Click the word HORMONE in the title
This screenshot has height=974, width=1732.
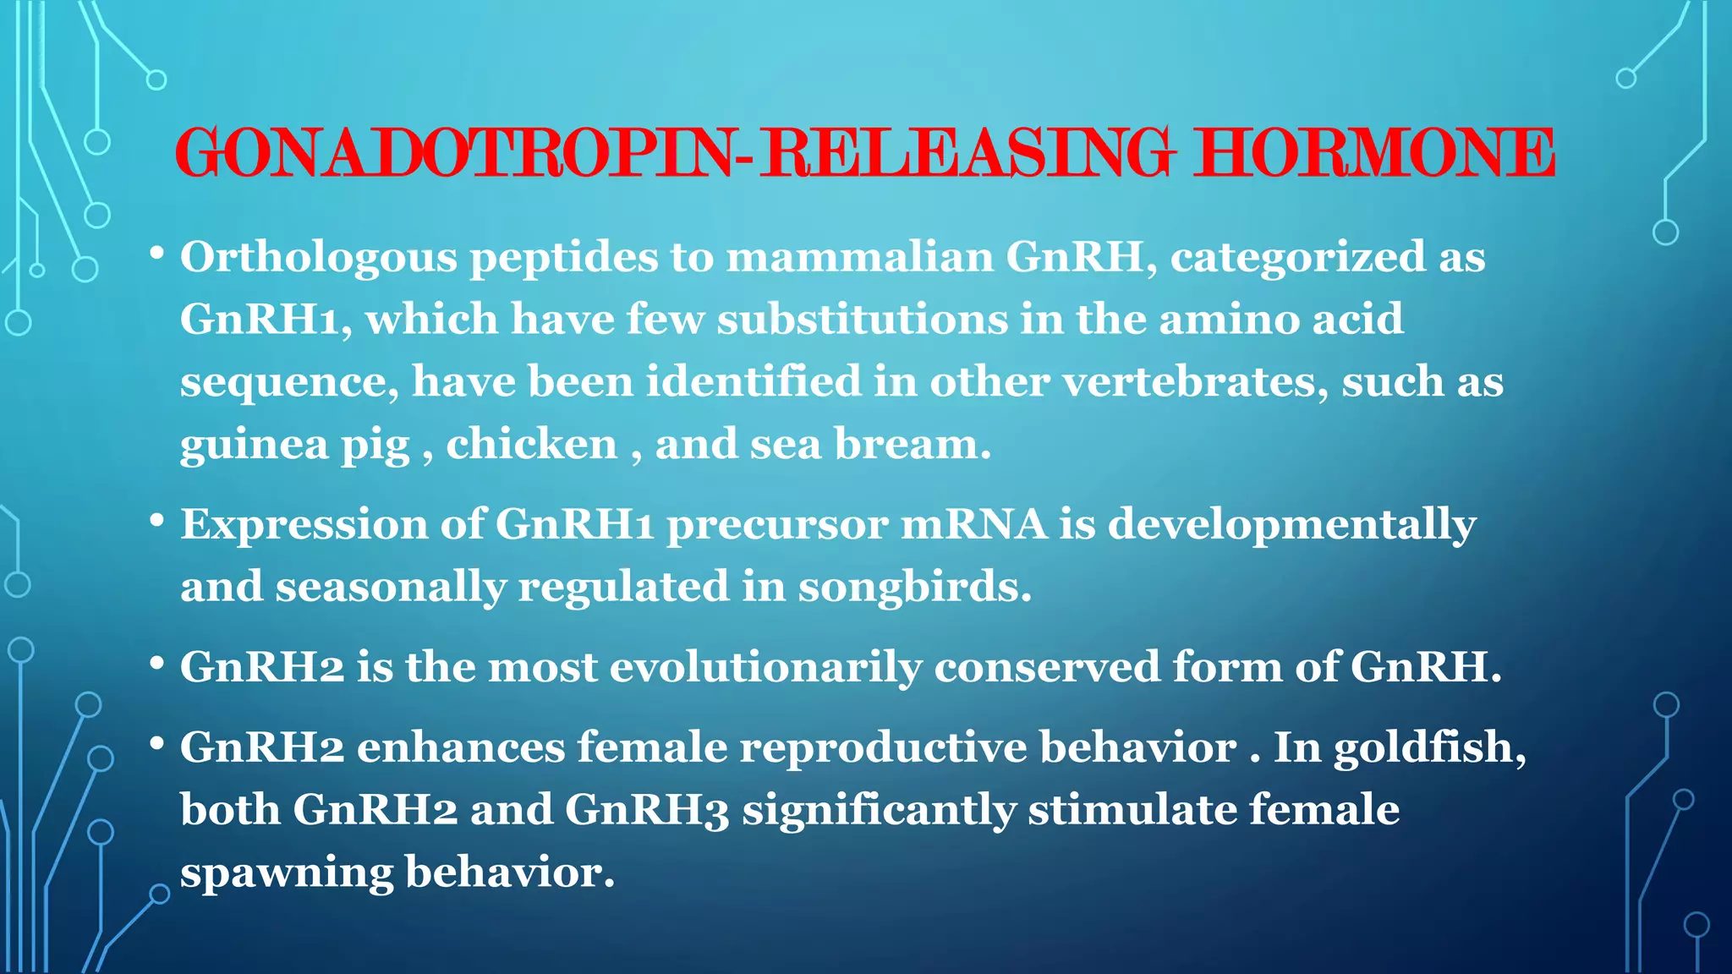1373,153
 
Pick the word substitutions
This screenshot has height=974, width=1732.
863,319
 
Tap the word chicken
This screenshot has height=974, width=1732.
532,444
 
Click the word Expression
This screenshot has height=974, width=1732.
304,525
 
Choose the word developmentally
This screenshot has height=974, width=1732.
1292,525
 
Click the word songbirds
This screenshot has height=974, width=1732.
914,587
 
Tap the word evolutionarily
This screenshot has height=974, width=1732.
765,667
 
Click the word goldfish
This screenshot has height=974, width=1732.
1429,747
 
